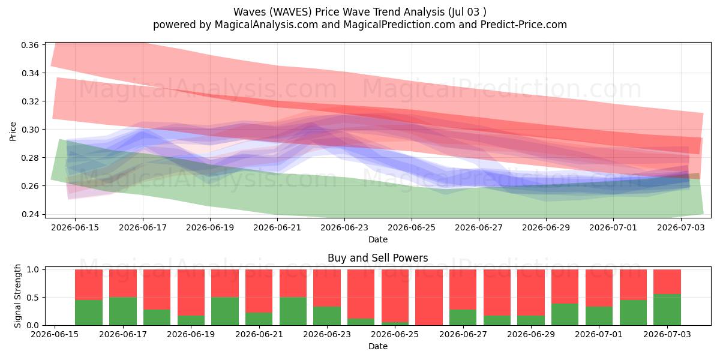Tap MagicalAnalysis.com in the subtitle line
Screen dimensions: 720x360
[266, 25]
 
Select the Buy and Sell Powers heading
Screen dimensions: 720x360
[377, 258]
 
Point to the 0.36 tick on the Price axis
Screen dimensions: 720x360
[29, 45]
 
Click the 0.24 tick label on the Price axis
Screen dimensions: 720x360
[29, 214]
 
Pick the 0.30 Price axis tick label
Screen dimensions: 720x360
[29, 130]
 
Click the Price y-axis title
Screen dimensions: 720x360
[13, 131]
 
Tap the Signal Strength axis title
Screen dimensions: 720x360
[17, 296]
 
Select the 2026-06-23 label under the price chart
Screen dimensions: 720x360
[344, 227]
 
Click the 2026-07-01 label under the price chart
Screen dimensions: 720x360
[613, 227]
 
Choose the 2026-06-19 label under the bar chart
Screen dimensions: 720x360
[191, 334]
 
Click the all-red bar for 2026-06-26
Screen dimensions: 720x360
[429, 298]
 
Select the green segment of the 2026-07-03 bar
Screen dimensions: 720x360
[667, 310]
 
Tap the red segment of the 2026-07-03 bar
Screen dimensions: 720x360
[667, 281]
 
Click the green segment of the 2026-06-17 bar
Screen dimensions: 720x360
[123, 311]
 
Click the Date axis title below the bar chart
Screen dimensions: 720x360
[377, 346]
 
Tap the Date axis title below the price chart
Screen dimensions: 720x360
[377, 239]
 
